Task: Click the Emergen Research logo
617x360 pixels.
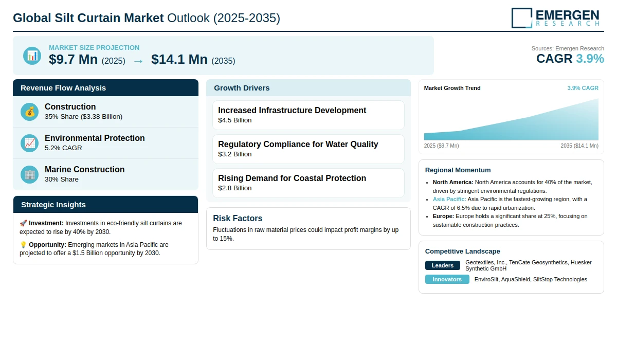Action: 555,17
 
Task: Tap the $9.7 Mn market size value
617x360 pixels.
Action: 73,60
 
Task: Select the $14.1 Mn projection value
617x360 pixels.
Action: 179,60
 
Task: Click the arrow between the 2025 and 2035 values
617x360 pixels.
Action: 138,61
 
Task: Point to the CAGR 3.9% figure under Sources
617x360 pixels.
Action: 570,59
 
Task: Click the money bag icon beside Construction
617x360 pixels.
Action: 30,112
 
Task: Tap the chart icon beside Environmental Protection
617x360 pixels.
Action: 30,143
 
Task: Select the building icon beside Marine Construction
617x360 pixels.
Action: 30,174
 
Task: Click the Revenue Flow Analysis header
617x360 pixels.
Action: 63,88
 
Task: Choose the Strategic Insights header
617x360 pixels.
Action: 53,205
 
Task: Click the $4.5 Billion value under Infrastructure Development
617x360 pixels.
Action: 235,120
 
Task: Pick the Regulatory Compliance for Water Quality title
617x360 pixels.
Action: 298,145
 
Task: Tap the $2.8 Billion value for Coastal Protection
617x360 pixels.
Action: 235,188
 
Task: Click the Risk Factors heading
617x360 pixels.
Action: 238,218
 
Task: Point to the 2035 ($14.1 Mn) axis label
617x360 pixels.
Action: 579,146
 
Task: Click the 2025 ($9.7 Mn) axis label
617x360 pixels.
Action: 442,146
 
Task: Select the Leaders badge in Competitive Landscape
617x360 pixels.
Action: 443,265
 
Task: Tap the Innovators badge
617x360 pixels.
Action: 447,279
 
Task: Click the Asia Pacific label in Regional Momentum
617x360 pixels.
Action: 449,199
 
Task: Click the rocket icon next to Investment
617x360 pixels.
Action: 23,223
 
